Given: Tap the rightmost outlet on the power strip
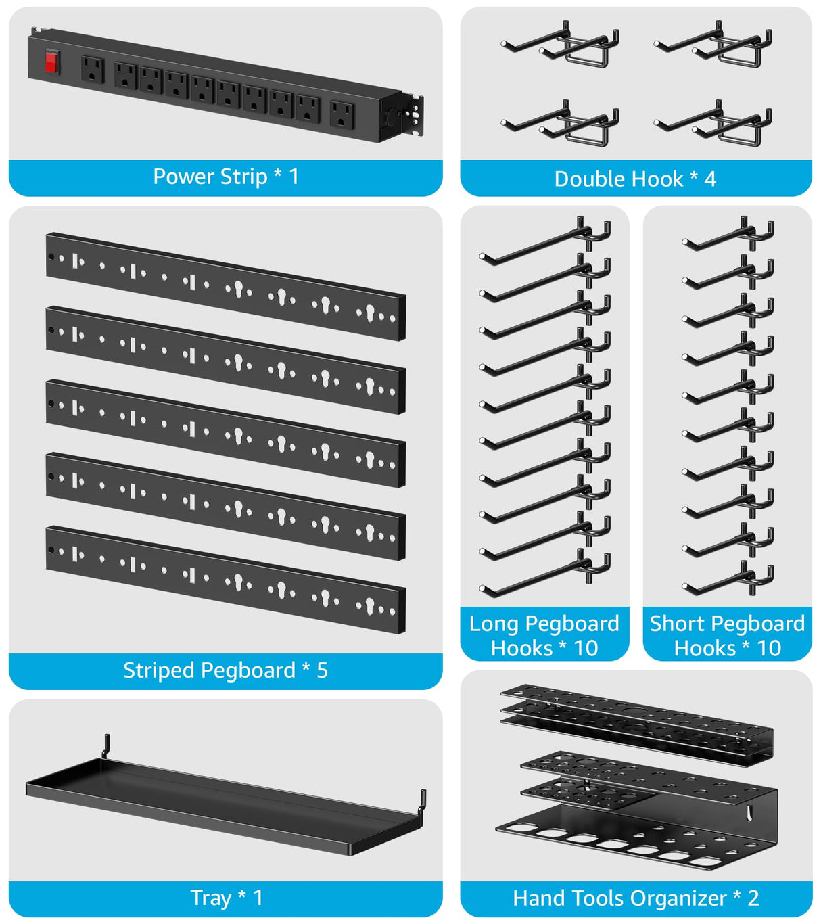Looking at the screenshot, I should [x=342, y=115].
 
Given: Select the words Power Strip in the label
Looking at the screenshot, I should [x=210, y=177].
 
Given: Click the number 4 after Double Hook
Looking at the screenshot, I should [x=709, y=179].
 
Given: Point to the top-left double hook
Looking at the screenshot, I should [x=560, y=45].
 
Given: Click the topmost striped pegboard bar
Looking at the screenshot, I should [x=225, y=286].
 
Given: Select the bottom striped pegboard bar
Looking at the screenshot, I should [x=225, y=580].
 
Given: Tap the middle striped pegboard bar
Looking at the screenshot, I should [x=225, y=433].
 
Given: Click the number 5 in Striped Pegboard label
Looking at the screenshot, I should [x=322, y=670].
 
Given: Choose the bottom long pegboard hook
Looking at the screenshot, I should [x=544, y=574].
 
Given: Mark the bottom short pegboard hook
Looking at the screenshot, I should [x=728, y=577].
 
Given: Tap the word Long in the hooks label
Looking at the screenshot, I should [x=493, y=624].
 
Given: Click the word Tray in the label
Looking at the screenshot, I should [x=211, y=898].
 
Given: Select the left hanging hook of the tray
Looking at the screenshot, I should [x=105, y=745].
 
